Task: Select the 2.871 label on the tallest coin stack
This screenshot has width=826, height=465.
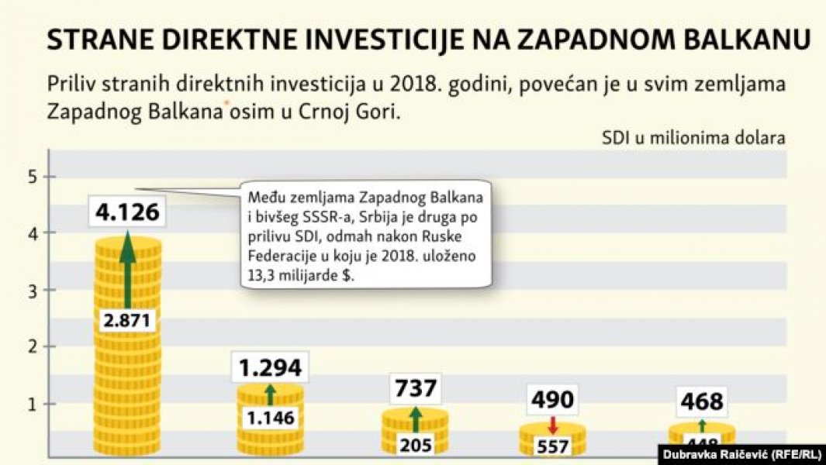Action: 127,320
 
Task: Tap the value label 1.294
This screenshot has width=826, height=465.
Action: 269,368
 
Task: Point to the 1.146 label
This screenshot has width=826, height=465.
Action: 269,418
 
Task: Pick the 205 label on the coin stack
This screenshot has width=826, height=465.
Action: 416,445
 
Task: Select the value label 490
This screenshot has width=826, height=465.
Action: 553,400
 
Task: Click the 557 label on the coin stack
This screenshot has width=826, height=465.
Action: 552,446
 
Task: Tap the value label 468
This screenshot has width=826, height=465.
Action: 701,402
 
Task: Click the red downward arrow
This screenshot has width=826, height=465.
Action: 552,425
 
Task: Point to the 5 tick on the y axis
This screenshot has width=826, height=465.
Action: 30,177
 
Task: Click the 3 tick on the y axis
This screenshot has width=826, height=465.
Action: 30,291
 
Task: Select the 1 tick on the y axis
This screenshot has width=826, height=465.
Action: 30,404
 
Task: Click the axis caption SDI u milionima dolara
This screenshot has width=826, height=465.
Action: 693,139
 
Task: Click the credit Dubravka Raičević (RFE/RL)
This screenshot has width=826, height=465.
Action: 741,453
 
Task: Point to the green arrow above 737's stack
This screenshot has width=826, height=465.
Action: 416,419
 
